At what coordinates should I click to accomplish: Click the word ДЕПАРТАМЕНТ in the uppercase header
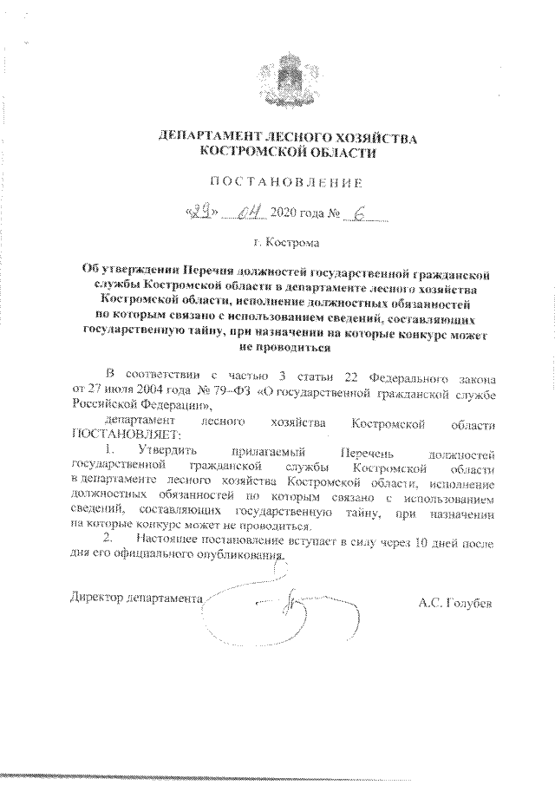click(205, 138)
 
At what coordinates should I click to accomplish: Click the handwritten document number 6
click(359, 211)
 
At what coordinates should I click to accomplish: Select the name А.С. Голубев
click(454, 601)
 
